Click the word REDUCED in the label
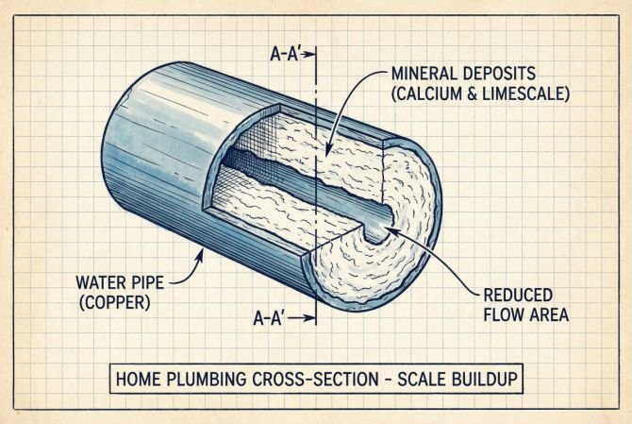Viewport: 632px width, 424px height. point(521,294)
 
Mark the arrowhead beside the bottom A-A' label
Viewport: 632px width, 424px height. point(309,319)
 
